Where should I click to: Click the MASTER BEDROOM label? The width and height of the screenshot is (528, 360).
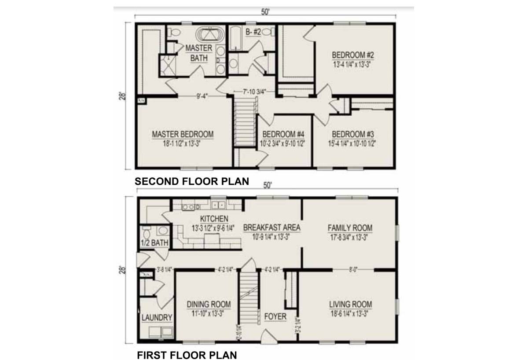[x=183, y=134]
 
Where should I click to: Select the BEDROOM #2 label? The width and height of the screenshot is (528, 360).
[x=352, y=55]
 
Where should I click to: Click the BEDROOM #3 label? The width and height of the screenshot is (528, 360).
[x=352, y=134]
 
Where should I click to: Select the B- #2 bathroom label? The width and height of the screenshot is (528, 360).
[x=253, y=31]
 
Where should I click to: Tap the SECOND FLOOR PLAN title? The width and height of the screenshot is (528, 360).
[x=191, y=181]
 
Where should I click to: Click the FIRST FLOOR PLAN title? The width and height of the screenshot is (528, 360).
[x=187, y=355]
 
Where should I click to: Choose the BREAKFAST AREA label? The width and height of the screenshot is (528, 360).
[x=271, y=228]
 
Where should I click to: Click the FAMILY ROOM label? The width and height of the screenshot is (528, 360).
[x=350, y=228]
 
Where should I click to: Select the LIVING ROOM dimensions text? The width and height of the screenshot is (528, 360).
[x=350, y=313]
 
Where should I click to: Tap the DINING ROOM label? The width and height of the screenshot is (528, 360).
[x=209, y=305]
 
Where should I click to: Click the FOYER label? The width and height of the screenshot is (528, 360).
[x=275, y=316]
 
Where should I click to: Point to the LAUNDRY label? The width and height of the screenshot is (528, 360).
[x=157, y=318]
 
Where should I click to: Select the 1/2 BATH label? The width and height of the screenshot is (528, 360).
[x=154, y=243]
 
